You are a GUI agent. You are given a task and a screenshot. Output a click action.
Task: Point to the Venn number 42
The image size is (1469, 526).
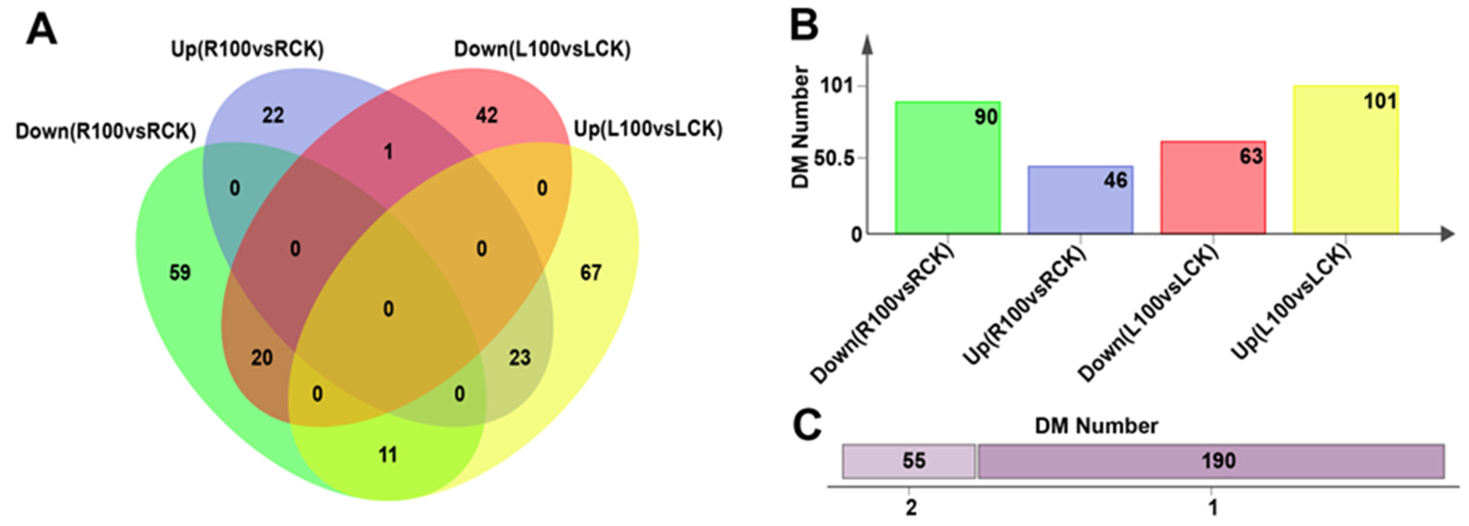coord(486,116)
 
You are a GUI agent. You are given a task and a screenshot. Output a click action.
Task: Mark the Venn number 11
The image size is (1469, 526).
coord(388,455)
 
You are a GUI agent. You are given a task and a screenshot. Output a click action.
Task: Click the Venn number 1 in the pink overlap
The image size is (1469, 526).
coord(388,152)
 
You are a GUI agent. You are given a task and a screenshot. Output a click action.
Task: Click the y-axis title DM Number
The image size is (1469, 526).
coord(801,127)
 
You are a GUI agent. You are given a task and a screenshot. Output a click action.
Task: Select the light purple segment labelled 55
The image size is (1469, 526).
coord(909,461)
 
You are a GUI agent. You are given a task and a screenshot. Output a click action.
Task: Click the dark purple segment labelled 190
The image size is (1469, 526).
coord(1211,461)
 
